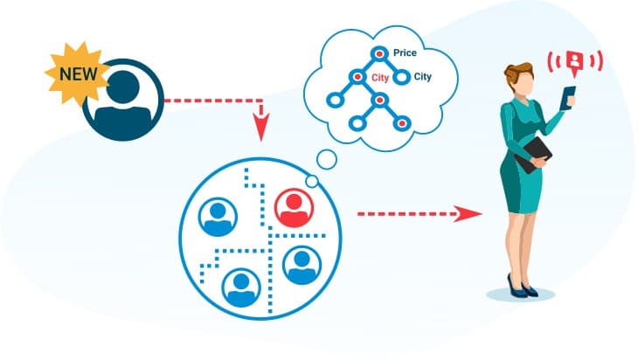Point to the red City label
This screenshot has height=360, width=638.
380,77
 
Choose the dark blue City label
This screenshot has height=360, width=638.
422,77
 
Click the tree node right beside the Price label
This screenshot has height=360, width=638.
378,54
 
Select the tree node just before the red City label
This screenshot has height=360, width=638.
356,77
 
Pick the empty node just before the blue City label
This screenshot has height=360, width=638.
402,77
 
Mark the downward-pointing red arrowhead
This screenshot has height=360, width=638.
260,131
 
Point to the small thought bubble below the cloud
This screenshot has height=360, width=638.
326,158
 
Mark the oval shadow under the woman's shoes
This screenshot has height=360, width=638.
522,295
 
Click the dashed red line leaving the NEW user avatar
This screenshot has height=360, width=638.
210,100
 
